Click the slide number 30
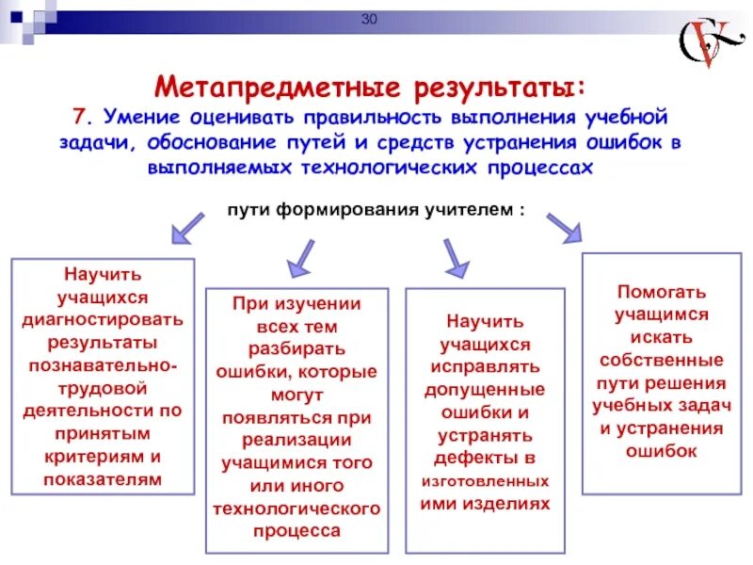point(368,21)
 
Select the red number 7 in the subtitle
point(80,119)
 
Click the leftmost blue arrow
point(187,227)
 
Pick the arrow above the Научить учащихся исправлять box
point(455,254)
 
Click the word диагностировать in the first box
point(103,318)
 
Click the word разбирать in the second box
point(296,348)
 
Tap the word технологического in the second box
point(296,508)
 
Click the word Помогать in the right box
point(661,292)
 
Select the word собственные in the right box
point(661,360)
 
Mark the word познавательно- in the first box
point(103,364)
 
